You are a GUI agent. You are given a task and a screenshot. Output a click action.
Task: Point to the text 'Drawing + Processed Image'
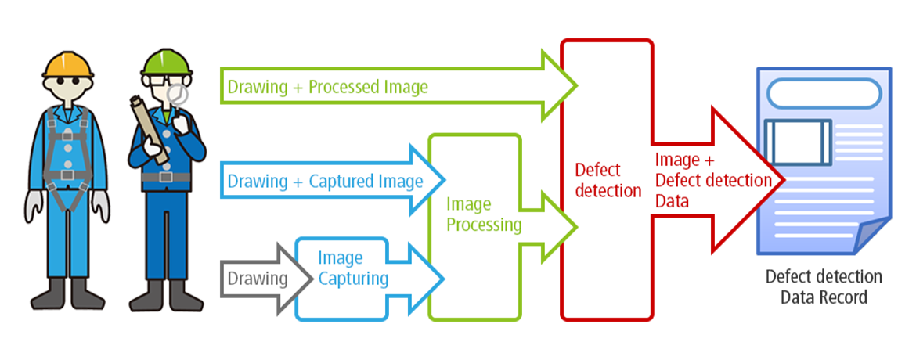click(x=327, y=87)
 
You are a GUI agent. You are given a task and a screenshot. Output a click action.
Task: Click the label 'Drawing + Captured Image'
click(x=325, y=182)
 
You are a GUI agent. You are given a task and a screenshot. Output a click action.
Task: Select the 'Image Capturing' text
click(x=352, y=268)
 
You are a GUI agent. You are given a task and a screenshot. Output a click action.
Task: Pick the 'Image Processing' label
click(x=483, y=215)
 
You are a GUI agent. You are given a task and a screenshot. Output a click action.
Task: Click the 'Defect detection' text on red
click(x=608, y=180)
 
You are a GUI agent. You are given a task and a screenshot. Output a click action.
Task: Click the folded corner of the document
click(x=870, y=235)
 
